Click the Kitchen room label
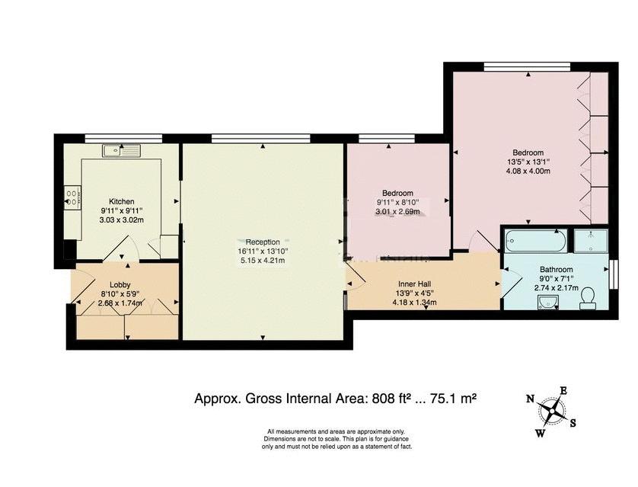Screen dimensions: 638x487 coord(121,201)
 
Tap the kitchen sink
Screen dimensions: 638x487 coord(121,151)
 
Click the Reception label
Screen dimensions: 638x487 coord(263,242)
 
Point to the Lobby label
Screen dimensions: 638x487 coord(120,285)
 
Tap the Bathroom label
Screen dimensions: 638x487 coord(557,270)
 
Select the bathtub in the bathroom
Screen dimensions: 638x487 coord(535,241)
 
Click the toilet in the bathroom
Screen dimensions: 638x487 coord(587,299)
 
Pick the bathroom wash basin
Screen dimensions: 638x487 coord(547,302)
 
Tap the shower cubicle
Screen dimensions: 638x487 coord(591,241)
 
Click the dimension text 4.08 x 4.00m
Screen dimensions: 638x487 coord(528,171)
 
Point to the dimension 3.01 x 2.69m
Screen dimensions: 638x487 coord(397,211)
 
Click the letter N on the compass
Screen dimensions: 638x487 coord(530,399)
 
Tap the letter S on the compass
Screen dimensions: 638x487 coord(573,423)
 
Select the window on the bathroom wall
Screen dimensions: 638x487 coord(614,274)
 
